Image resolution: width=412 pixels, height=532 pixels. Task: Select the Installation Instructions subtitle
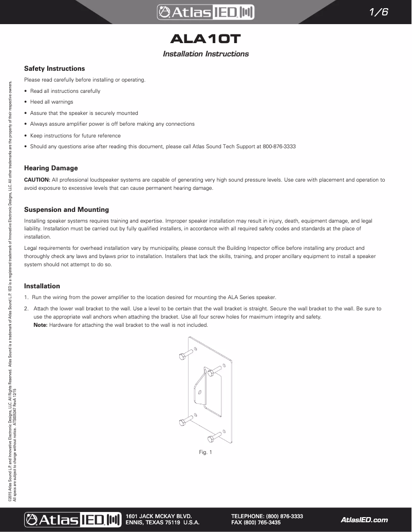[x=205, y=54]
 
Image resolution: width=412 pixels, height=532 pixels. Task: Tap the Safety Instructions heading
[x=54, y=68]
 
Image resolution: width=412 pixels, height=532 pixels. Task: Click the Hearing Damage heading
[x=51, y=168]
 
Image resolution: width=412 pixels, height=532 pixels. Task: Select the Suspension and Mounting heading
[x=66, y=209]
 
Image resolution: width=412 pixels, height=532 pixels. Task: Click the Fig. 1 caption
[x=205, y=452]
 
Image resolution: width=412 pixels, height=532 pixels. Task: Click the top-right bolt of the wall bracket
[x=216, y=369]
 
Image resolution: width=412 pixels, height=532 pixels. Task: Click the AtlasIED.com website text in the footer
[x=364, y=520]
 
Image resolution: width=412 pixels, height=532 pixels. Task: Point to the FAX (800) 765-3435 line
[x=256, y=523]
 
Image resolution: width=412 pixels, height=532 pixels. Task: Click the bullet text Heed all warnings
[x=51, y=102]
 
